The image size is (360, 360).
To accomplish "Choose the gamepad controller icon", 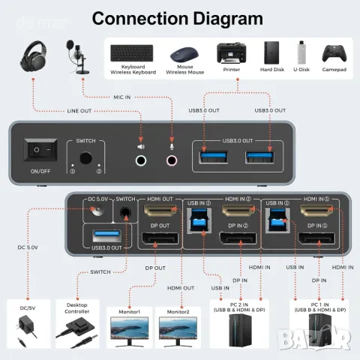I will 333,54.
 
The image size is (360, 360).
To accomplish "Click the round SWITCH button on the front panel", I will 83,159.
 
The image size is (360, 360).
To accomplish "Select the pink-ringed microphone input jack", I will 173,160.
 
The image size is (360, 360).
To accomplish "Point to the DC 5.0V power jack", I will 95,213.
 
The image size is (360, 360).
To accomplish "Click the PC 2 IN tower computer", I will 241,331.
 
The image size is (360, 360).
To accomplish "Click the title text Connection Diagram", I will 177,18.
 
